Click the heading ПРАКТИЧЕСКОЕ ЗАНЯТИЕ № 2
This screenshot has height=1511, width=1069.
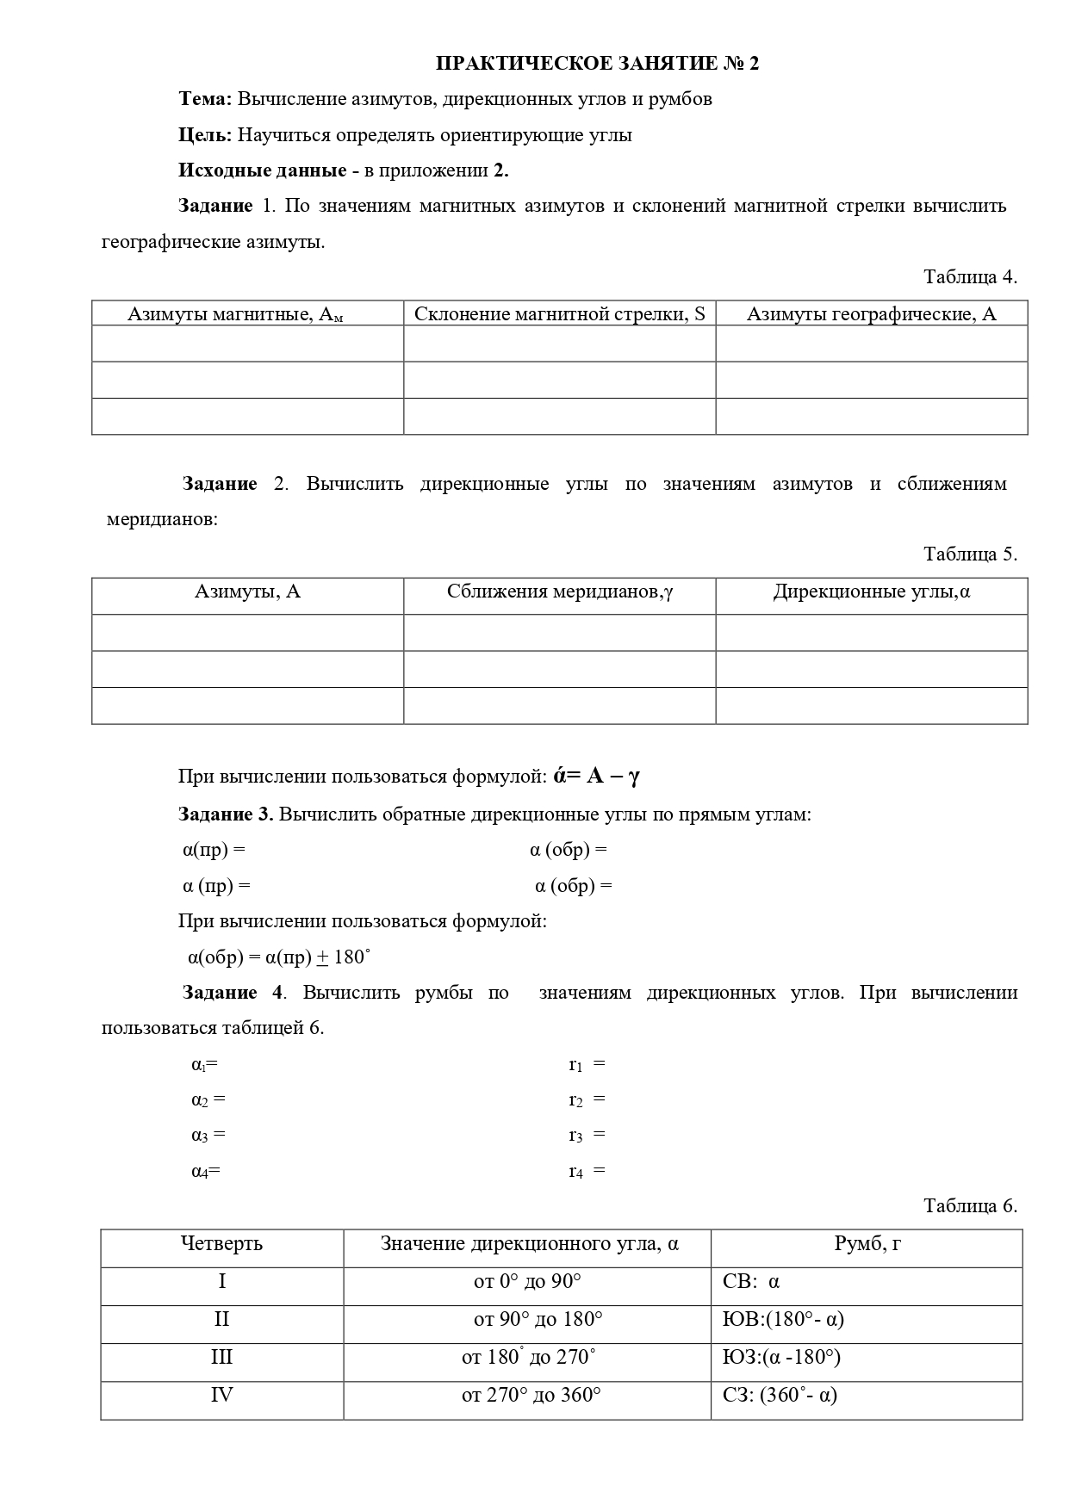(x=597, y=64)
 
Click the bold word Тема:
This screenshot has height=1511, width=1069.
(x=205, y=99)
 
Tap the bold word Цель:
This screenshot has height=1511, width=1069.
(x=205, y=135)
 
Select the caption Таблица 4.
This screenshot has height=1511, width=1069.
(x=970, y=277)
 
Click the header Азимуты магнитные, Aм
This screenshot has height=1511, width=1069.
(x=235, y=314)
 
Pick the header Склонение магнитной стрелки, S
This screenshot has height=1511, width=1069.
(x=559, y=313)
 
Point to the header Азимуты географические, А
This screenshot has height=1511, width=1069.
(x=871, y=314)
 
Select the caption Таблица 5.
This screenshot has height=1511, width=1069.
(x=970, y=554)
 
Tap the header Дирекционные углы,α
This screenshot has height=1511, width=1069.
(x=871, y=591)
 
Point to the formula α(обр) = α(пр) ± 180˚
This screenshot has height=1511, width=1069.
(x=279, y=957)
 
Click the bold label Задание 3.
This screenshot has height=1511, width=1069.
(x=226, y=814)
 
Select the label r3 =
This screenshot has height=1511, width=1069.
(x=587, y=1136)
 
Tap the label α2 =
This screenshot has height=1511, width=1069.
(x=208, y=1099)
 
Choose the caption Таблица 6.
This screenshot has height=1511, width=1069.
(x=970, y=1206)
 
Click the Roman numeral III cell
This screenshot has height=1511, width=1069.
(x=222, y=1358)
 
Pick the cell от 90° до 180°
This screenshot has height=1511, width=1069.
(x=538, y=1320)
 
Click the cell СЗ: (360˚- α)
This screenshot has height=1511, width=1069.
(x=780, y=1396)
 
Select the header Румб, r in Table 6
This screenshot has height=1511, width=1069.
(x=867, y=1244)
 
